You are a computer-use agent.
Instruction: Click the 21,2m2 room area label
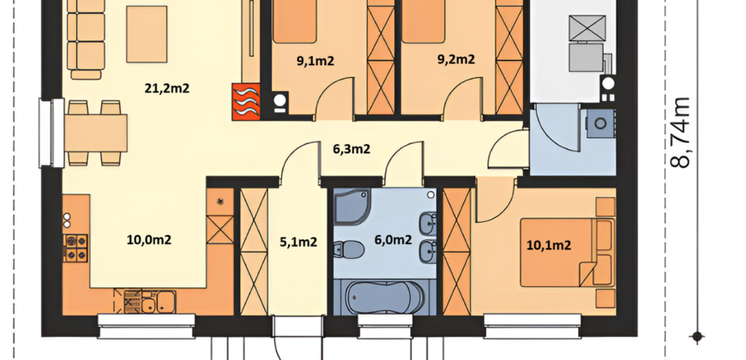pyautogui.click(x=167, y=88)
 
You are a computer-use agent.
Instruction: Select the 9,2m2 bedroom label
pyautogui.click(x=456, y=59)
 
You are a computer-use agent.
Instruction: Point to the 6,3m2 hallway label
pyautogui.click(x=352, y=149)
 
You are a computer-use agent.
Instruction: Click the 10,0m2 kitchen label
pyautogui.click(x=149, y=240)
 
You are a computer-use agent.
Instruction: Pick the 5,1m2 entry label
pyautogui.click(x=298, y=242)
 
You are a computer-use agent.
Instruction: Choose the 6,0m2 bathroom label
pyautogui.click(x=393, y=240)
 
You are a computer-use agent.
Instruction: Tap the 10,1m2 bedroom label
pyautogui.click(x=549, y=245)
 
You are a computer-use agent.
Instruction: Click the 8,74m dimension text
pyautogui.click(x=681, y=132)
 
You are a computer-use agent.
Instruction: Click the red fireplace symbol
pyautogui.click(x=246, y=101)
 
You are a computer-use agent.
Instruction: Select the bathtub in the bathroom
pyautogui.click(x=385, y=297)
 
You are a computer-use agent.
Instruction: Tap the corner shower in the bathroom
pyautogui.click(x=352, y=207)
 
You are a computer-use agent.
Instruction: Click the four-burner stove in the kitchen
pyautogui.click(x=75, y=249)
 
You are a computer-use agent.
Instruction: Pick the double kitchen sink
pyautogui.click(x=159, y=302)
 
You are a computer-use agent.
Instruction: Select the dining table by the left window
pyautogui.click(x=96, y=133)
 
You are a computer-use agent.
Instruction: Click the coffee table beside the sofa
pyautogui.click(x=147, y=34)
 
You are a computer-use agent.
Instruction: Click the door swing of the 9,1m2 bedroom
pyautogui.click(x=335, y=98)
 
